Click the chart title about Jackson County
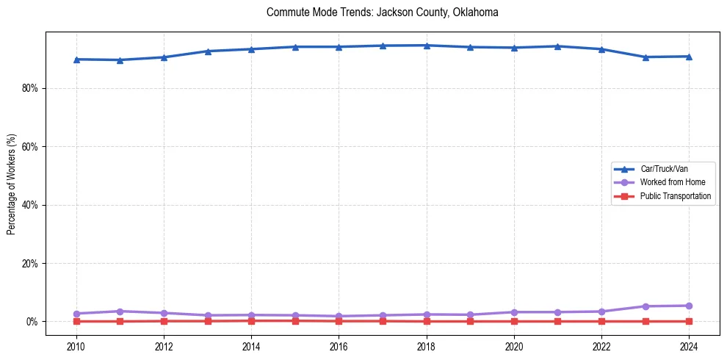click(383, 12)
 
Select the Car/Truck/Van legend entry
click(663, 169)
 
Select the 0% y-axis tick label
click(32, 322)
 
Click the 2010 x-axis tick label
click(76, 346)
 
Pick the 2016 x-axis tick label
click(339, 346)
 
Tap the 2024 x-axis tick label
click(689, 346)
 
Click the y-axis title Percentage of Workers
click(12, 184)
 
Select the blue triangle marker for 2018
click(427, 46)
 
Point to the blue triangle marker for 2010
click(76, 60)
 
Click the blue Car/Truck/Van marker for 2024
click(689, 57)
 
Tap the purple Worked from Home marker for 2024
click(689, 306)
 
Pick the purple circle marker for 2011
click(120, 312)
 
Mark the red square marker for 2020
click(514, 321)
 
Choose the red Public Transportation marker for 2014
click(252, 320)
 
